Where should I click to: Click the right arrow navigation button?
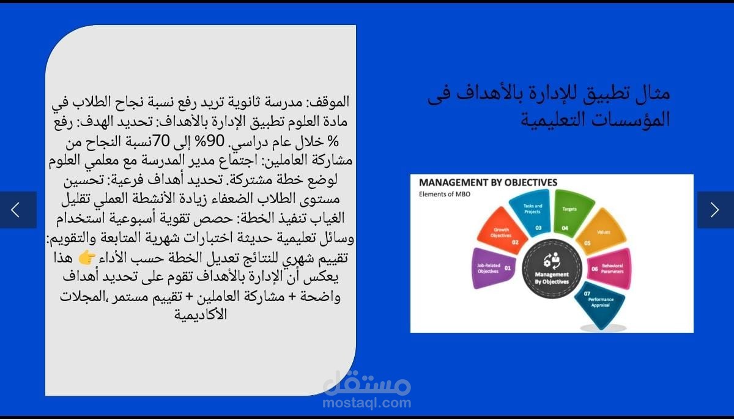[x=715, y=210]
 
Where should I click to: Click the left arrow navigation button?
[x=17, y=210]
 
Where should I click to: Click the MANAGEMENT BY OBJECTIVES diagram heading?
[x=488, y=182]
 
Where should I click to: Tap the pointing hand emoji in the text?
[x=87, y=258]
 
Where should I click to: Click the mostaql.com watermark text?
[x=367, y=403]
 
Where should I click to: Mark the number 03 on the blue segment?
[x=538, y=227]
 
